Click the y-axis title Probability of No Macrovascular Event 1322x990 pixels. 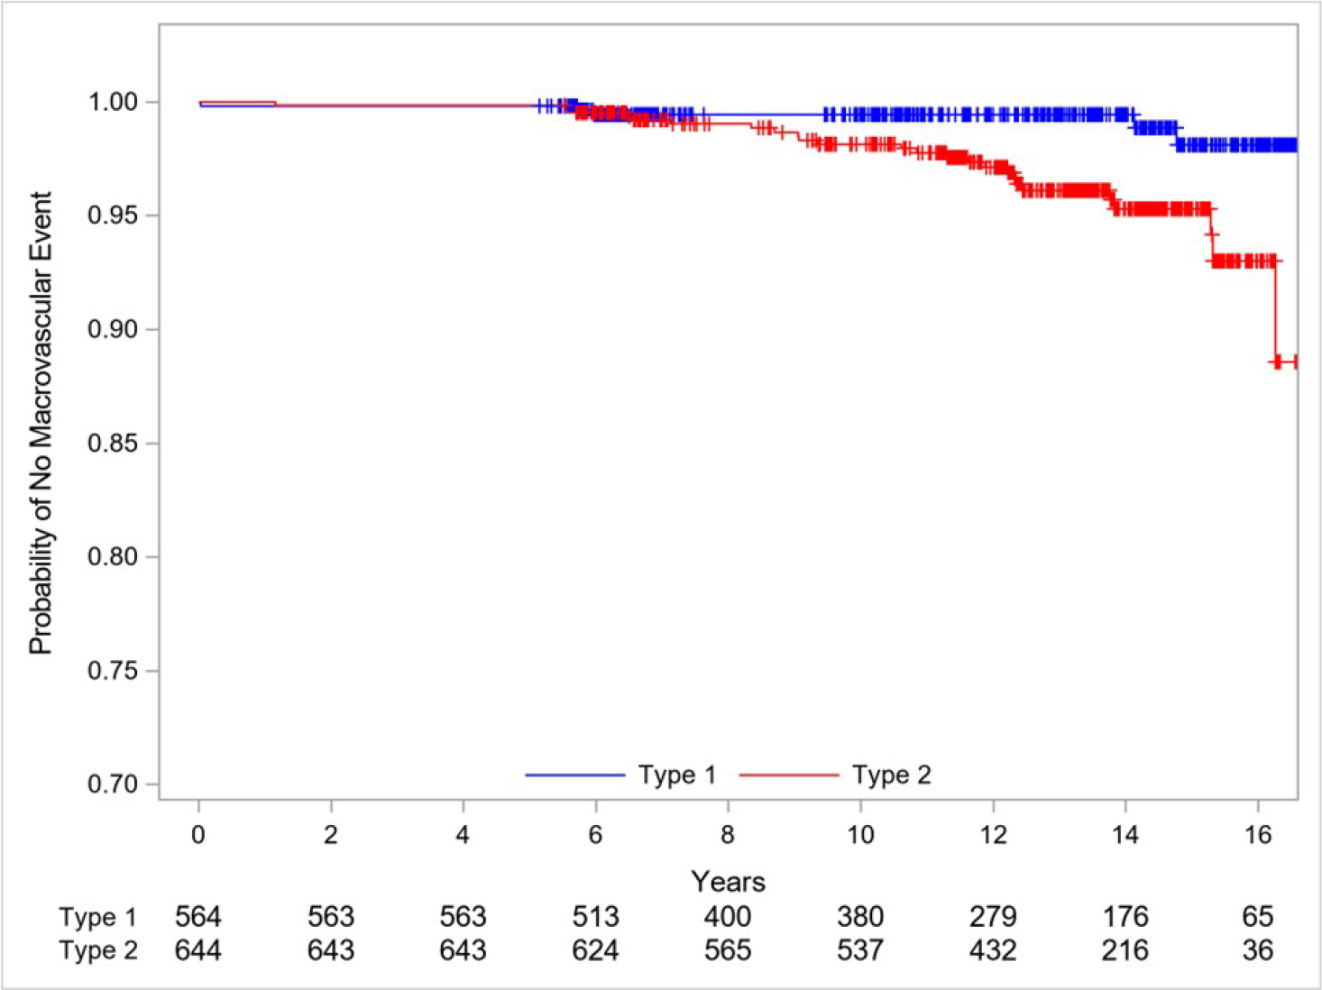coord(41,423)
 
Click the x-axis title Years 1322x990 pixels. coord(728,881)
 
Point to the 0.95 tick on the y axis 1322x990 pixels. coord(113,215)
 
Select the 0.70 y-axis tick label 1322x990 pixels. coord(113,784)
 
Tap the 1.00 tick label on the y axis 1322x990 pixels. coord(113,102)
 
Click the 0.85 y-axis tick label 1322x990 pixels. coord(113,444)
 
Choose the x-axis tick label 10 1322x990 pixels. coord(860,835)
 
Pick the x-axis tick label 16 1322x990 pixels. coord(1257,835)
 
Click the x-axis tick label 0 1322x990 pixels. coord(198,835)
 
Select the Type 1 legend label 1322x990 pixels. coord(676,775)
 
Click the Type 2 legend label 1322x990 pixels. coord(891,775)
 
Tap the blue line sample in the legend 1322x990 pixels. coord(574,775)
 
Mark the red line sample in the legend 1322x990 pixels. coord(788,775)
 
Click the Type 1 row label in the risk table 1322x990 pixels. coord(97,918)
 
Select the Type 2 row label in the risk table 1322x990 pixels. coord(97,951)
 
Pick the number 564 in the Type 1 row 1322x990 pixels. coord(198,917)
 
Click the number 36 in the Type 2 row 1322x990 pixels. coord(1257,950)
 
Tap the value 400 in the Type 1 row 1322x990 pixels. coord(728,917)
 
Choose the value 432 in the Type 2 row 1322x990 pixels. coord(993,950)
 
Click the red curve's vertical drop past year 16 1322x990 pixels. coord(1275,311)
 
